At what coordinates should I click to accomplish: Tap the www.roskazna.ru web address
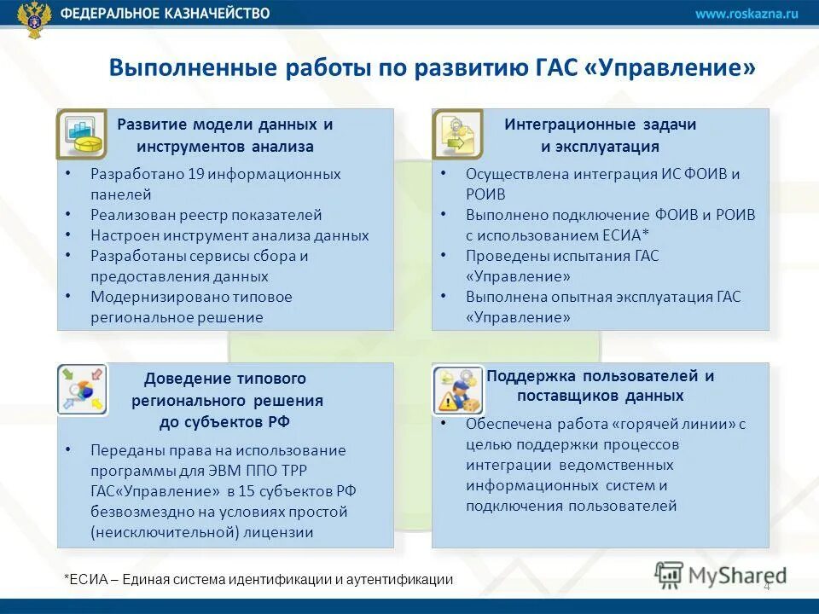point(746,14)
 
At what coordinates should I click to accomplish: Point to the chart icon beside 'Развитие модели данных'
point(81,134)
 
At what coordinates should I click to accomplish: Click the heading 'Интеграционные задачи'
point(600,125)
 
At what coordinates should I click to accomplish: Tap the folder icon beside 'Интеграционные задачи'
point(456,134)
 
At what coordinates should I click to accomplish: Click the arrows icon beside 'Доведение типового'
point(81,390)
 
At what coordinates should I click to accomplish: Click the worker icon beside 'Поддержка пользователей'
point(456,390)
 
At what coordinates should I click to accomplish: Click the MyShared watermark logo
point(721,576)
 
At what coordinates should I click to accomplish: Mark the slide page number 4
point(766,587)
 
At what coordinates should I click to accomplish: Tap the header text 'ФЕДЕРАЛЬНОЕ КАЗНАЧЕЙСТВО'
point(166,14)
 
